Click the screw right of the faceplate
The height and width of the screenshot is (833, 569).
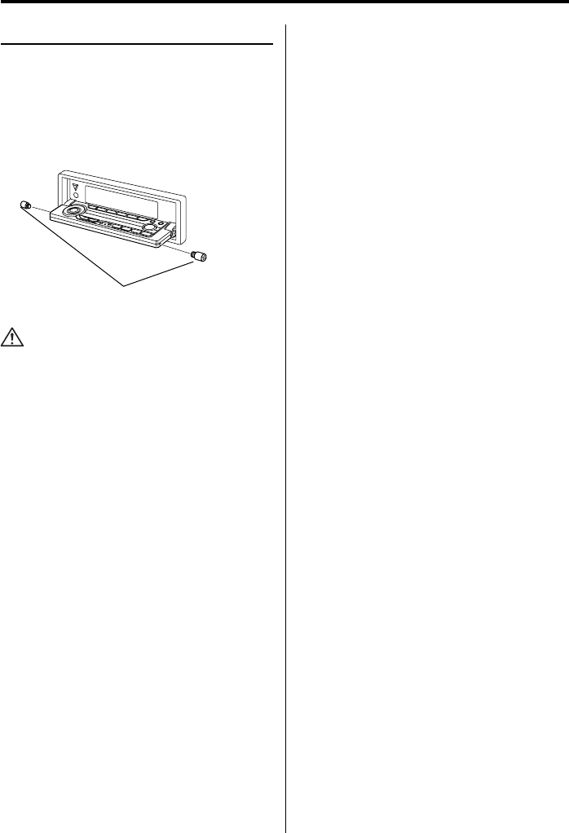point(198,257)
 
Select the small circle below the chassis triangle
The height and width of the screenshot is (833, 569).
point(75,196)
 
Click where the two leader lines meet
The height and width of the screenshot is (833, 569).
point(124,285)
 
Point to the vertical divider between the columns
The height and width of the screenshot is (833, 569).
point(285,408)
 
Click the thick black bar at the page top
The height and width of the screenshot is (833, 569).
point(284,2)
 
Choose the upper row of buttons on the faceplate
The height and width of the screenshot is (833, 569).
point(114,218)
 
